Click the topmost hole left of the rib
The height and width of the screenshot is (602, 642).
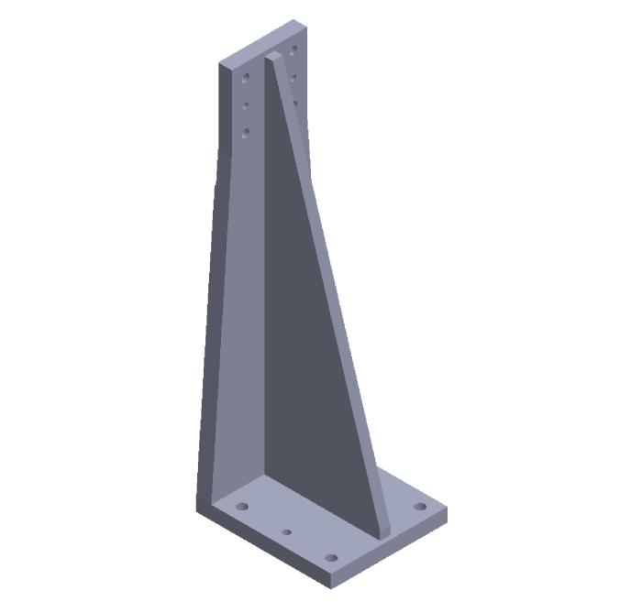pos(246,78)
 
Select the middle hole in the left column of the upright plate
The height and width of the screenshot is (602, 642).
pos(246,106)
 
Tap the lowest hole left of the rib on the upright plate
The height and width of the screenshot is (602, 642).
pos(246,134)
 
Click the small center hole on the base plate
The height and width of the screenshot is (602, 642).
pos(287,531)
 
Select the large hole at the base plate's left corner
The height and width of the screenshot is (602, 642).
pos(242,506)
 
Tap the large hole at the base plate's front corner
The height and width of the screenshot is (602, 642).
pos(331,556)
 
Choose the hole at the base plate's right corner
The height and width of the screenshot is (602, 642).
pos(420,507)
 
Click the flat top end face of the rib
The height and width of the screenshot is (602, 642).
pos(274,57)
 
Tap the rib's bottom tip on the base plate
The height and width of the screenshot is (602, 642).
pos(384,531)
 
